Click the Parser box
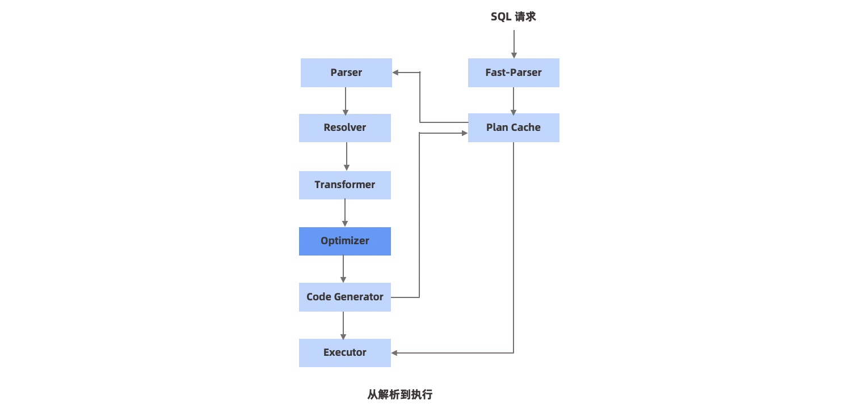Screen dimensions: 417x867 click(346, 73)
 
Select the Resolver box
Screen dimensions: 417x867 click(345, 127)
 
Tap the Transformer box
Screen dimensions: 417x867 click(345, 185)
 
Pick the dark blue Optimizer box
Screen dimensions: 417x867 click(345, 241)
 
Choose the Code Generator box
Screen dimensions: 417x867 click(345, 297)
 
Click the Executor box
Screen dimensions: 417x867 click(345, 352)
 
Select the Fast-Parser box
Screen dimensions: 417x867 click(514, 73)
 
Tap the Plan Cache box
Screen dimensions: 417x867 click(514, 127)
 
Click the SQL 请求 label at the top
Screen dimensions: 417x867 click(514, 17)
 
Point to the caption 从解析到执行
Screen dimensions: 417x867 click(400, 395)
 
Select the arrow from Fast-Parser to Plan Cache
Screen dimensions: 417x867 click(514, 100)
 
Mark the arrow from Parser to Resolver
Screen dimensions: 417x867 click(346, 100)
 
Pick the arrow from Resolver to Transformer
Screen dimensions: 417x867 click(347, 156)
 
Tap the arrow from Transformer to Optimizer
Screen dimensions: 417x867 click(345, 212)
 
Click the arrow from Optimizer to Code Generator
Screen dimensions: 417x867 click(343, 269)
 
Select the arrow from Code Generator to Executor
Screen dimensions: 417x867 click(343, 325)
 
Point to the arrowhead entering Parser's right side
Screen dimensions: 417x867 click(395, 73)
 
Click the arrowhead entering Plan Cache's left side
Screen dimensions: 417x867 click(464, 133)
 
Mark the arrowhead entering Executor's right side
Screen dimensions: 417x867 click(394, 353)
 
